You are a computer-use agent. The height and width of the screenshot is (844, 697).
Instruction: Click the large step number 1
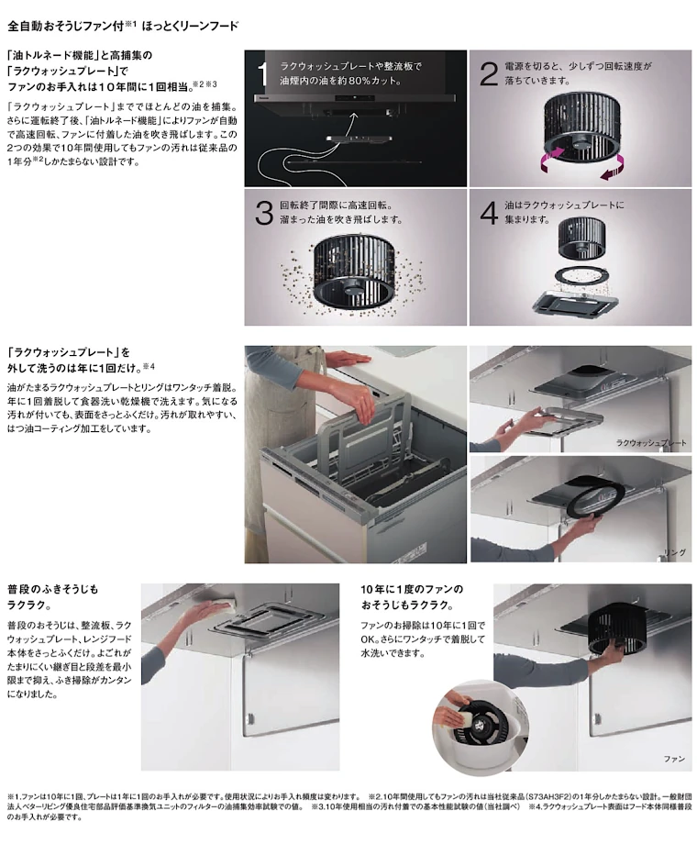pyautogui.click(x=262, y=74)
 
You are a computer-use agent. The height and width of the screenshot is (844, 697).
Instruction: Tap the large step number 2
pyautogui.click(x=489, y=74)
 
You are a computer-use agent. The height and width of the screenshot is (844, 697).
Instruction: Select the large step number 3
pyautogui.click(x=264, y=213)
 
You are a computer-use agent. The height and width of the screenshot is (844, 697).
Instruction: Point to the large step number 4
pyautogui.click(x=489, y=213)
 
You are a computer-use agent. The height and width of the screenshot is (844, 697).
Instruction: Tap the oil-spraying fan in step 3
pyautogui.click(x=355, y=272)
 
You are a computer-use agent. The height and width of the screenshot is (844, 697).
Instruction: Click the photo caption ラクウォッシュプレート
pyautogui.click(x=651, y=442)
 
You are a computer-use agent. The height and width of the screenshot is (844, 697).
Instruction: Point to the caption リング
pyautogui.click(x=674, y=552)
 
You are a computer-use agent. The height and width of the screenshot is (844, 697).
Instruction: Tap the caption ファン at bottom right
pyautogui.click(x=674, y=759)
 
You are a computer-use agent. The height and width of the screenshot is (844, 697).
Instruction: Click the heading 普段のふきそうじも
pyautogui.click(x=53, y=589)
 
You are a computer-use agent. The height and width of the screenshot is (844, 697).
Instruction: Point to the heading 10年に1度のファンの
pyautogui.click(x=412, y=589)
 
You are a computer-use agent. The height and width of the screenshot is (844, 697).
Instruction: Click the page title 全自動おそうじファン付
pyautogui.click(x=66, y=26)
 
